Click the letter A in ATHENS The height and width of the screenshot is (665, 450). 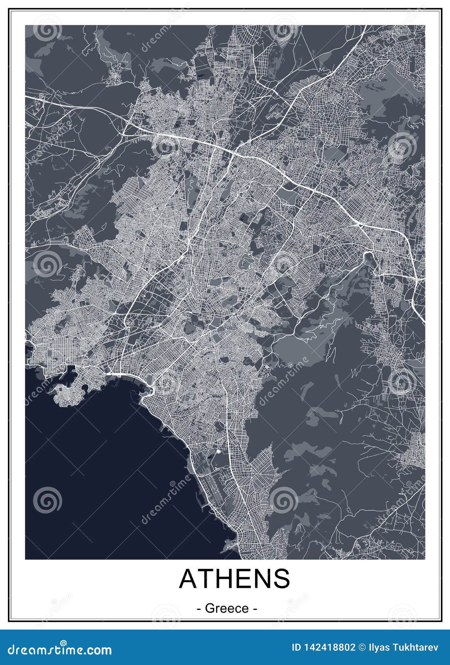click(188, 578)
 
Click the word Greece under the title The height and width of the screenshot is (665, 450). click(227, 608)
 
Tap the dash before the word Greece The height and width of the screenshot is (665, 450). click(198, 609)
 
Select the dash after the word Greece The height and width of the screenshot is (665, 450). click(256, 609)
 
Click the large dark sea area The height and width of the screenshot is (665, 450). click(98, 472)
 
